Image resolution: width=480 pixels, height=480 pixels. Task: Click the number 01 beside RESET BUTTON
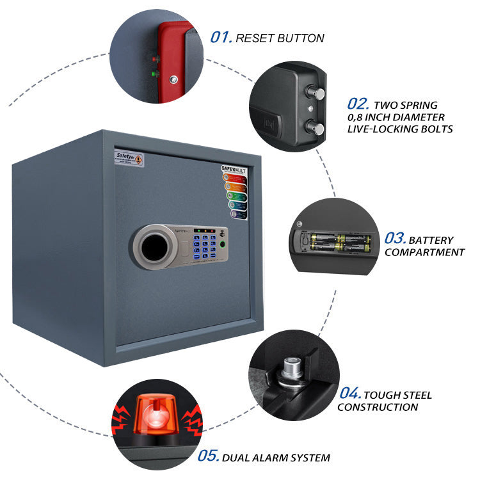click(x=220, y=38)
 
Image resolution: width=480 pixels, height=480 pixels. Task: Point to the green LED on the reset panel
click(x=152, y=73)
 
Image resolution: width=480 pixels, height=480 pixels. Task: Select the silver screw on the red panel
click(x=172, y=79)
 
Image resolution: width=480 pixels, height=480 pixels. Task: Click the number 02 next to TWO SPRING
click(x=357, y=104)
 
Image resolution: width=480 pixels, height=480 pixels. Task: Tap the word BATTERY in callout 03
click(x=431, y=240)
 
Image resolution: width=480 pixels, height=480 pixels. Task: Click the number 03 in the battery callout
click(x=395, y=239)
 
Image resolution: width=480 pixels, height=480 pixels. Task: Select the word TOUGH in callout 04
click(x=384, y=395)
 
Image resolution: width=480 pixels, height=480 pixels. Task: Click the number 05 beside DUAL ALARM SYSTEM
click(x=208, y=457)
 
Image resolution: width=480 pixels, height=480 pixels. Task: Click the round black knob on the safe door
click(x=154, y=247)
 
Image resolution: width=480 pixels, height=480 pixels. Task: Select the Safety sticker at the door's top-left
click(x=129, y=157)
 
